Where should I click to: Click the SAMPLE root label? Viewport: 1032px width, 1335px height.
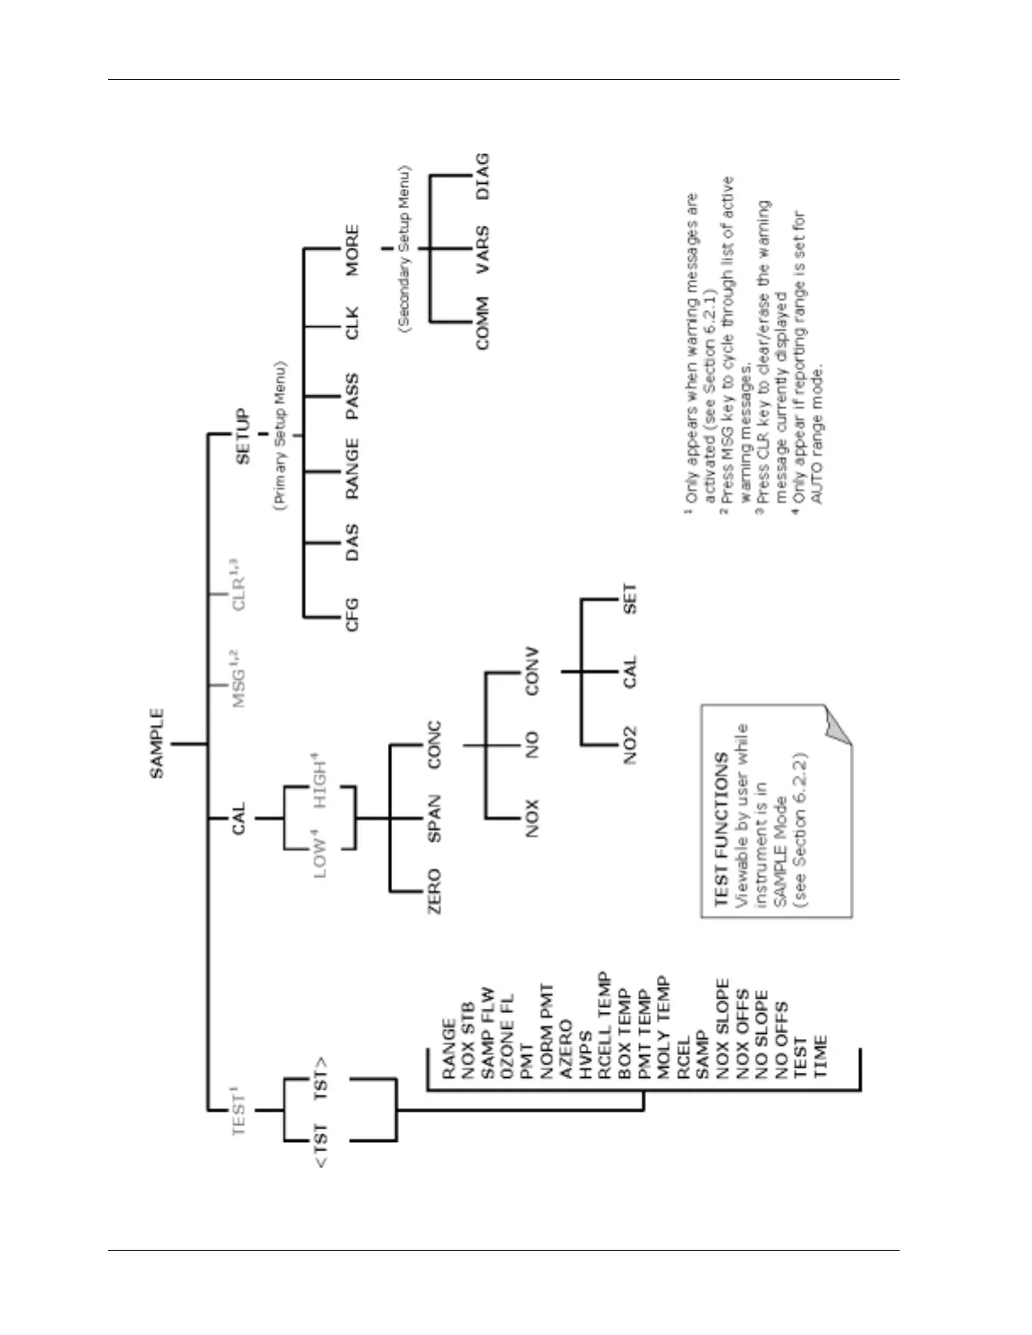point(158,743)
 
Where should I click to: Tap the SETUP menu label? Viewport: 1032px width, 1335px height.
point(243,436)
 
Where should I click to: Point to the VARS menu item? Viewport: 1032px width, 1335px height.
point(481,249)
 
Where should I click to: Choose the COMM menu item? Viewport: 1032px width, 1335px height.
point(481,322)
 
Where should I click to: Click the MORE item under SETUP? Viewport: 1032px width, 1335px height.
point(352,249)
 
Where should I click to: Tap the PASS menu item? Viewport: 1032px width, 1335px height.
point(352,396)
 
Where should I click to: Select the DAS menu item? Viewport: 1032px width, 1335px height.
point(352,542)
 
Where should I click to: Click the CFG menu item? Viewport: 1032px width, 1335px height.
point(352,614)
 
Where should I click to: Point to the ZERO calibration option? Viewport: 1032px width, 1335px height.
point(434,892)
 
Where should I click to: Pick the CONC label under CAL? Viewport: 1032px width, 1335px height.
point(434,744)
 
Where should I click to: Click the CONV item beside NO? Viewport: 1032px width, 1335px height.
point(531,672)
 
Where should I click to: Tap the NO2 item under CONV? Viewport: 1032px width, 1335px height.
point(630,745)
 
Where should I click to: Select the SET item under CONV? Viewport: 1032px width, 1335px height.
point(630,598)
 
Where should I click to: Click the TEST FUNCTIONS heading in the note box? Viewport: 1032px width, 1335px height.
point(721,829)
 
